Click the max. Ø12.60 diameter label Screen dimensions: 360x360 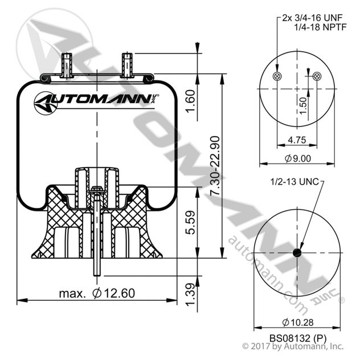pos(97,293)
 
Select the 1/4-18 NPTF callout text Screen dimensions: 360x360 pos(318,27)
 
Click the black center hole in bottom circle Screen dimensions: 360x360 pos(297,253)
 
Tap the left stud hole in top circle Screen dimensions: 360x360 pos(277,76)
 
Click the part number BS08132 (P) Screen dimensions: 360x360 pos(297,337)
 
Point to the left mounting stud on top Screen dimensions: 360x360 pos(67,64)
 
